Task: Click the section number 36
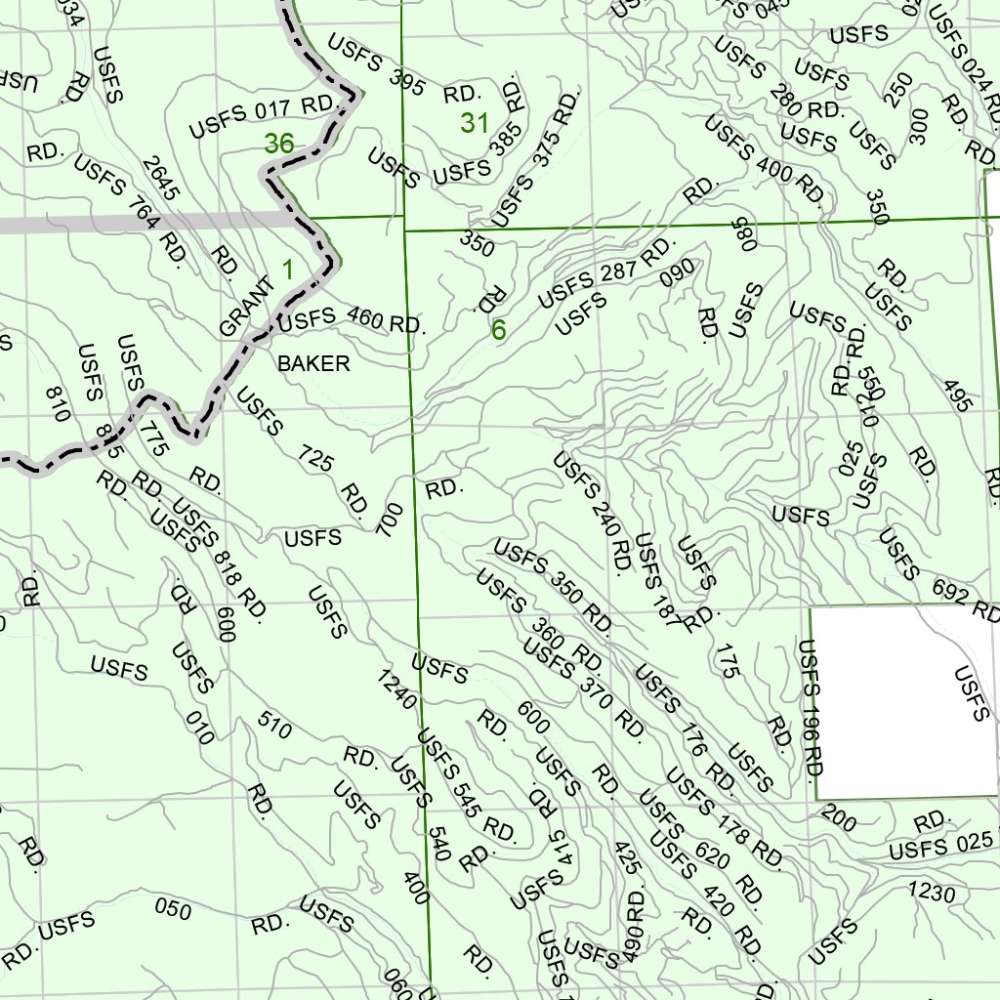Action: click(278, 144)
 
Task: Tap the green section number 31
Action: click(475, 124)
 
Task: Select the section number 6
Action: click(498, 331)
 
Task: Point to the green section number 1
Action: click(288, 269)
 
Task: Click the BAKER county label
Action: click(313, 364)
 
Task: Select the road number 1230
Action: click(932, 891)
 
